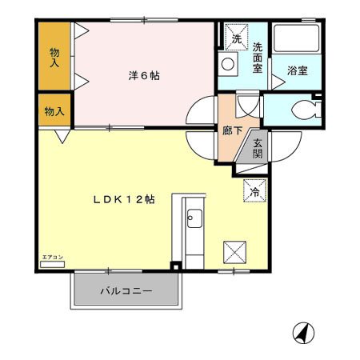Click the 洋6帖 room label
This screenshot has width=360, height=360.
(144, 76)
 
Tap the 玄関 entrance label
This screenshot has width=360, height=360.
(258, 149)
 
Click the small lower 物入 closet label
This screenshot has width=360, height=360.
(54, 110)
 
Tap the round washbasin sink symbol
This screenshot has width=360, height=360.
(228, 63)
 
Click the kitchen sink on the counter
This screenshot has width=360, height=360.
(194, 217)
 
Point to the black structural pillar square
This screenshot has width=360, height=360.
(176, 267)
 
